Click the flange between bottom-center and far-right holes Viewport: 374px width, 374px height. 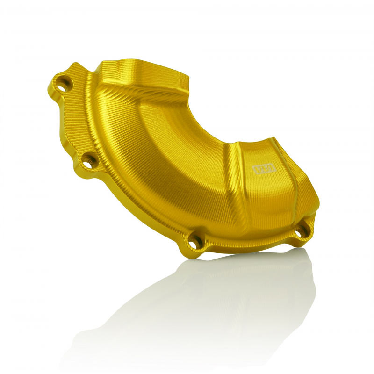(x=248, y=243)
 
